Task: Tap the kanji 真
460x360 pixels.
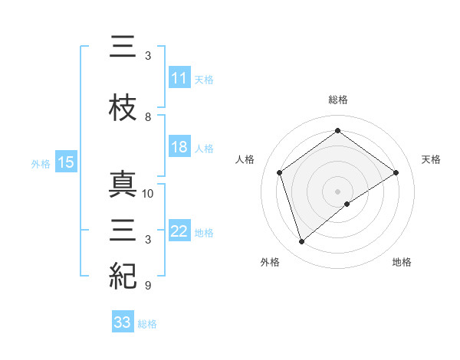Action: pos(123,186)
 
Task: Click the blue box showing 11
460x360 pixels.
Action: pos(179,78)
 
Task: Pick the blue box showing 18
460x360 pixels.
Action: pos(179,148)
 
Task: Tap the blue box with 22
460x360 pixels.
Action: pos(179,232)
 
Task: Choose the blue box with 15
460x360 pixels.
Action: pos(66,162)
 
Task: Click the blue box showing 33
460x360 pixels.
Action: pos(123,322)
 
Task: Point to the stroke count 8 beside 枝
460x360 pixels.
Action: pos(148,117)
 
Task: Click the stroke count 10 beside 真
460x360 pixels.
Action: pos(148,193)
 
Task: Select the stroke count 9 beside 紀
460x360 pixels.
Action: pos(148,286)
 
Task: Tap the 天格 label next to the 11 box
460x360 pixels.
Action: pos(204,79)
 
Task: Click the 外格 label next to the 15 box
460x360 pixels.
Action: pos(40,163)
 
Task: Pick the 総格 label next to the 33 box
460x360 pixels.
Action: pos(147,323)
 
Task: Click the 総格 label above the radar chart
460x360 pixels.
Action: pos(337,100)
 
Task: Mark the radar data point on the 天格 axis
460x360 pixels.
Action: pos(396,172)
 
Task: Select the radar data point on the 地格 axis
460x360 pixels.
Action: pos(347,204)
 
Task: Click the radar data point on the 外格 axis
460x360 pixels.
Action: pos(301,242)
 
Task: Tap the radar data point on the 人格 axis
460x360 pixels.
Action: pos(280,172)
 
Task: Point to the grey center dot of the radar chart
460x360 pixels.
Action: pos(337,191)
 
